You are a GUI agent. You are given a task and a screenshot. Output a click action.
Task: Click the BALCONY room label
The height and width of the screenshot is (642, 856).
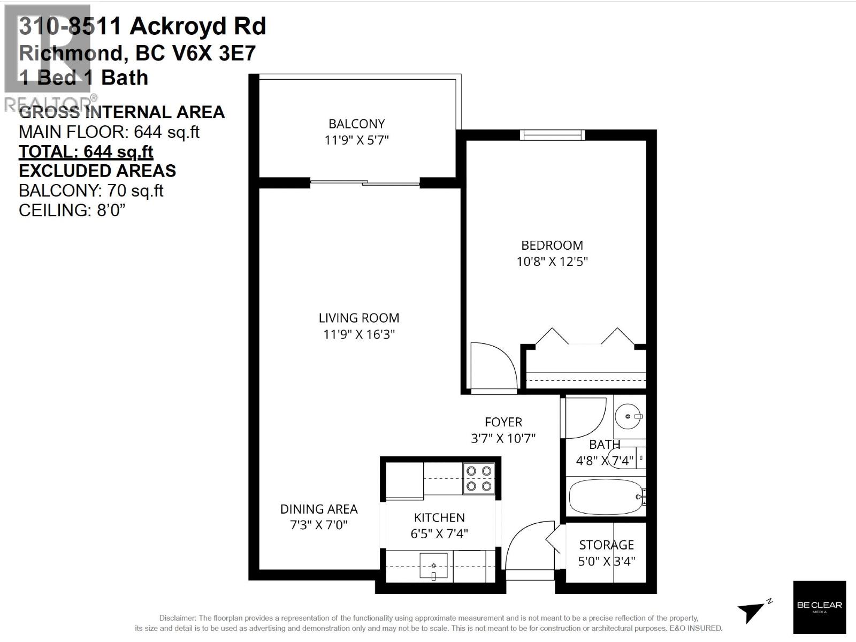(356, 124)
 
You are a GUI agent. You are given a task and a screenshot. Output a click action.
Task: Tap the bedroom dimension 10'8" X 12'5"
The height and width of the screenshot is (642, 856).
(552, 262)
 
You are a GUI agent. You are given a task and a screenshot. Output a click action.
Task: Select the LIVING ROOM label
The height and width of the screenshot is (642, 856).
(358, 318)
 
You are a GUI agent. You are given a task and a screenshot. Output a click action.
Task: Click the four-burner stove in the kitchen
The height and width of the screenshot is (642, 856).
(479, 478)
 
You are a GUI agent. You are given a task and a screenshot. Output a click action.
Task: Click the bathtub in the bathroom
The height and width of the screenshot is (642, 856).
(606, 497)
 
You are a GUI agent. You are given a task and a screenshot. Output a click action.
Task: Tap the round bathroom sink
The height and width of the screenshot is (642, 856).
(627, 416)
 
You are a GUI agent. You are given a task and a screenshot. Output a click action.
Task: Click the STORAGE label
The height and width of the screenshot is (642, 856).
(606, 545)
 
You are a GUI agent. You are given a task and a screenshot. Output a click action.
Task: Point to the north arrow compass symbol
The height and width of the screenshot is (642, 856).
(753, 610)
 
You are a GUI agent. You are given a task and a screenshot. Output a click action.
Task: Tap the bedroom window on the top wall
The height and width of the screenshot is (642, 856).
(552, 135)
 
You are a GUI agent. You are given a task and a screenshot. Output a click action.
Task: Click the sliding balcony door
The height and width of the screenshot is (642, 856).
(365, 183)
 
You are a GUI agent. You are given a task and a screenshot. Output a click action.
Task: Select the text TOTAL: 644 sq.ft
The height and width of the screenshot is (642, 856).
(86, 151)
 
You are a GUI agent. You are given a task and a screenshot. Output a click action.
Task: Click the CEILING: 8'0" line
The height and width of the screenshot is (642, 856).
(72, 210)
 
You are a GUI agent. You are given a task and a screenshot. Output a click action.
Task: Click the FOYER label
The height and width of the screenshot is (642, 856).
(503, 422)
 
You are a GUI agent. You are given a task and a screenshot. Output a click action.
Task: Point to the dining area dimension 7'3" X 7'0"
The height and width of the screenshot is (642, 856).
(319, 525)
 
